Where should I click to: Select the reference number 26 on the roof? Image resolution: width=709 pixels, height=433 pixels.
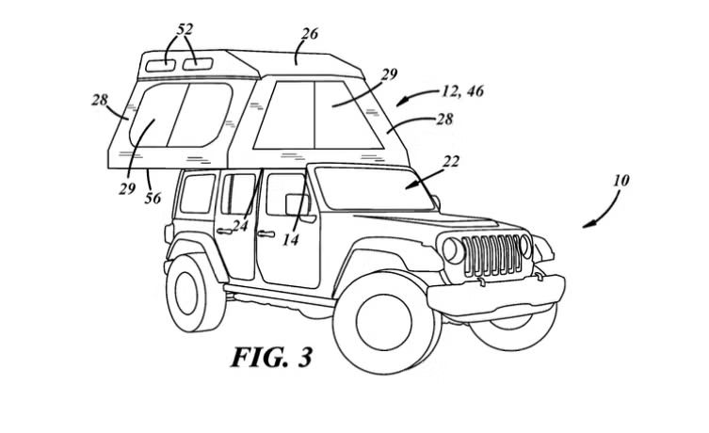tap(309, 35)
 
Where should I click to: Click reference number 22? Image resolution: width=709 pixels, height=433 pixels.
tap(452, 161)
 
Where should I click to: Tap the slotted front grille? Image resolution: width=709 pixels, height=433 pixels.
tap(495, 255)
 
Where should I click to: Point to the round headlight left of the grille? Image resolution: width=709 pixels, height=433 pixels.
tap(453, 251)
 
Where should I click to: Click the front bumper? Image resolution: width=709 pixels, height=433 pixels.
tap(499, 295)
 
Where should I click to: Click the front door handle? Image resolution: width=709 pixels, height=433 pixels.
tap(266, 233)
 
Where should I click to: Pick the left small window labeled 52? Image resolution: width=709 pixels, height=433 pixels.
tap(161, 65)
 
